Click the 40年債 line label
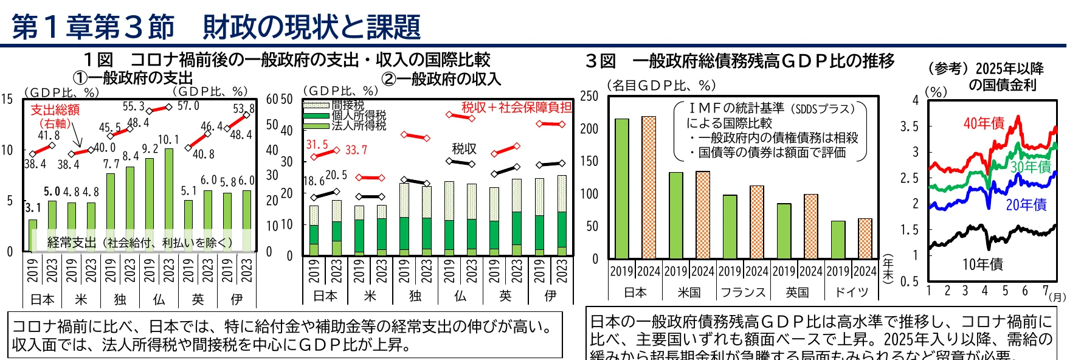(x=984, y=123)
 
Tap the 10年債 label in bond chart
(x=982, y=264)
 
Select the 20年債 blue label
(x=1026, y=205)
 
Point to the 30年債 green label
(x=1031, y=167)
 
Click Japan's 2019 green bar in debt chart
(x=621, y=189)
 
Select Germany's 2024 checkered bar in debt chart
(x=865, y=238)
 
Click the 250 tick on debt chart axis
(x=589, y=96)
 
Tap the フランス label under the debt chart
(x=743, y=292)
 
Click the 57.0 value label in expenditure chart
(x=188, y=106)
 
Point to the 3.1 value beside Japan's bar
(x=32, y=207)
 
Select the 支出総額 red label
(x=55, y=109)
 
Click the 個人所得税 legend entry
(x=359, y=116)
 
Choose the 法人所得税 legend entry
(x=359, y=125)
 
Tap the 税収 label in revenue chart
(x=464, y=148)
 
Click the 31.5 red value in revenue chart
(x=317, y=145)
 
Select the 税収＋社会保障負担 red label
(x=516, y=108)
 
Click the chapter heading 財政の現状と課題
(x=311, y=27)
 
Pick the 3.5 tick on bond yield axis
(x=909, y=126)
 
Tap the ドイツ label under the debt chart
(x=851, y=292)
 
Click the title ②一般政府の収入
(x=441, y=78)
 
